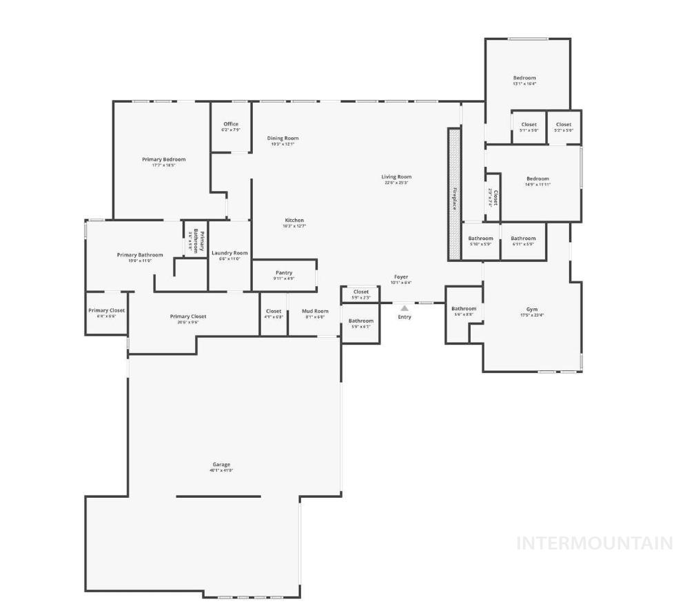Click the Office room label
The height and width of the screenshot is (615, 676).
pyautogui.click(x=231, y=124)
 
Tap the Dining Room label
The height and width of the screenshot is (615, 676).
pyautogui.click(x=283, y=139)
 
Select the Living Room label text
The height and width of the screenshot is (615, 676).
pyautogui.click(x=396, y=177)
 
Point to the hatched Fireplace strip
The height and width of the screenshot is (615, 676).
pyautogui.click(x=454, y=194)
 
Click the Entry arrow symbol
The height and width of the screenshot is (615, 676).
pyautogui.click(x=404, y=308)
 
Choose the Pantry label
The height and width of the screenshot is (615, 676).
pyautogui.click(x=284, y=273)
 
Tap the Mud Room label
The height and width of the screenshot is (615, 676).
pyautogui.click(x=315, y=311)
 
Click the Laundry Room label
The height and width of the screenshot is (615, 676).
pyautogui.click(x=229, y=253)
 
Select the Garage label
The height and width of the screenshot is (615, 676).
pyautogui.click(x=221, y=465)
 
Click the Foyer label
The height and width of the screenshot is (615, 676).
pyautogui.click(x=402, y=276)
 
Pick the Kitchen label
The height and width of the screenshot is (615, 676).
pyautogui.click(x=294, y=221)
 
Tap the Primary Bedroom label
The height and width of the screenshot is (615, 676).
pyautogui.click(x=164, y=159)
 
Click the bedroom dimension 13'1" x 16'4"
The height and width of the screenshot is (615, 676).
pyautogui.click(x=524, y=84)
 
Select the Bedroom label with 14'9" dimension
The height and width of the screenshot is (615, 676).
pyautogui.click(x=537, y=179)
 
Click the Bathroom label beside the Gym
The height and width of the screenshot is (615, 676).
pyautogui.click(x=464, y=309)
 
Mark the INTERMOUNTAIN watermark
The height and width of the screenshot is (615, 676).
pyautogui.click(x=595, y=543)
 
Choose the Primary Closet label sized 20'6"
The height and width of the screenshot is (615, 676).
pyautogui.click(x=188, y=316)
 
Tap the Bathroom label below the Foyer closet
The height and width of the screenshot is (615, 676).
pyautogui.click(x=360, y=321)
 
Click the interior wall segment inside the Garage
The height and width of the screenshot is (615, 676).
pyautogui.click(x=218, y=496)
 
